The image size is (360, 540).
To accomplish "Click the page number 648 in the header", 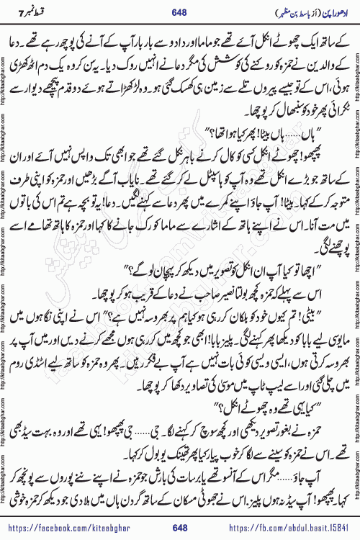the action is click(179, 12).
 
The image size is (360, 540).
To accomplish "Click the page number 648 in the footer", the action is click(179, 529).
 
